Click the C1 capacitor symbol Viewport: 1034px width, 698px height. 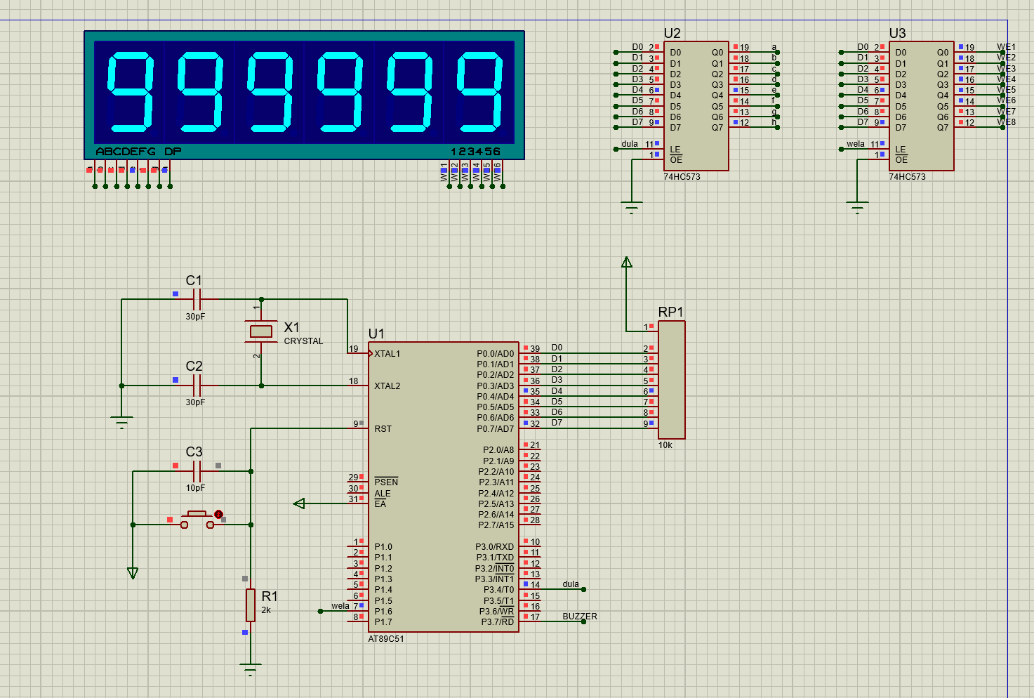coord(197,299)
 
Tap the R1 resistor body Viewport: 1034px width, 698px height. coord(251,605)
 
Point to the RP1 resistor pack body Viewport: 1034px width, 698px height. coord(672,380)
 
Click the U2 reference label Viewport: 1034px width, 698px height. coord(672,33)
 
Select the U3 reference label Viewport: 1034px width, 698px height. coord(897,33)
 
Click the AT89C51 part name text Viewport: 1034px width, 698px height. coord(386,639)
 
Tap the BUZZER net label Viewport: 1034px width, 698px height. coord(580,617)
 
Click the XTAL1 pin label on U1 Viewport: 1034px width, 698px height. coord(387,354)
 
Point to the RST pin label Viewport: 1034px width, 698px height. coord(383,429)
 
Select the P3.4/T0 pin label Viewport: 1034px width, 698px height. coord(495,590)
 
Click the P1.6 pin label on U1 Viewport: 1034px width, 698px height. coord(383,612)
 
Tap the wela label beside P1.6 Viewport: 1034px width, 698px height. coord(340,606)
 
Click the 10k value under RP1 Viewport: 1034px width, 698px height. coord(665,445)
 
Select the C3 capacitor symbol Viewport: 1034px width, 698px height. coord(197,470)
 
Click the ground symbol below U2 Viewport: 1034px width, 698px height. coord(632,206)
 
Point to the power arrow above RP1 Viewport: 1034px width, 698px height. coord(627,263)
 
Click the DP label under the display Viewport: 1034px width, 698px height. coord(173,152)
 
